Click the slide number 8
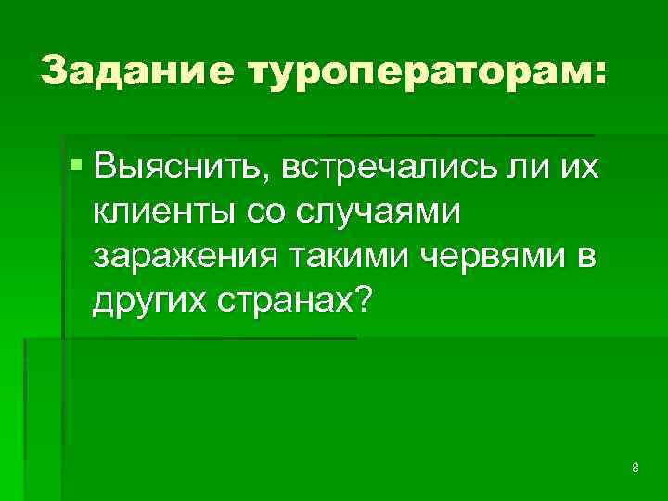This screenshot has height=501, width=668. pyautogui.click(x=635, y=467)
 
